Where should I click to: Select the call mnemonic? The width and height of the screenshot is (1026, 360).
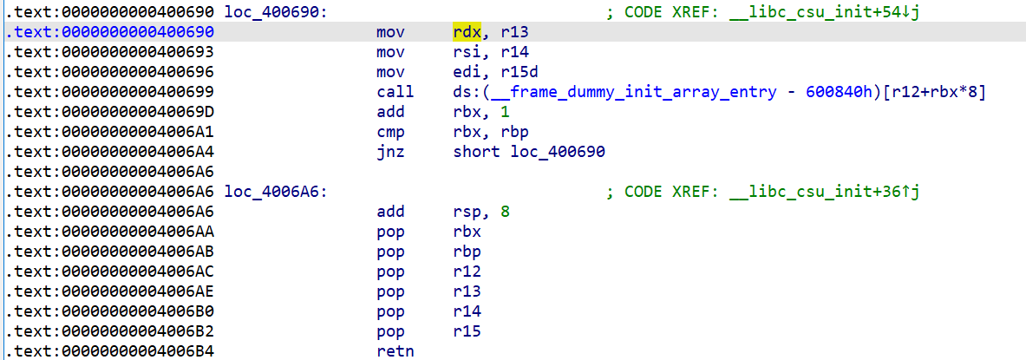point(395,92)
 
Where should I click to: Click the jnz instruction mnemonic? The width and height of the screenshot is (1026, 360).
point(391,152)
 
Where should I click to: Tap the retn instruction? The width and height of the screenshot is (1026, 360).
point(395,350)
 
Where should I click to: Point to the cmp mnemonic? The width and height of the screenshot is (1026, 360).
point(391,132)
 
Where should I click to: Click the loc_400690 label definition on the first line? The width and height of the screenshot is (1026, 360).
point(275,12)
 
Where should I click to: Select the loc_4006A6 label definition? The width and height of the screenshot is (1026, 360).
point(275,192)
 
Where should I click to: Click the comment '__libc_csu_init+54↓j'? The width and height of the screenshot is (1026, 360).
point(824,12)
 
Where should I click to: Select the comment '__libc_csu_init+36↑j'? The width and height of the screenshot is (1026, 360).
point(824,192)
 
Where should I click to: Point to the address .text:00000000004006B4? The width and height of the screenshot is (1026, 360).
point(110,350)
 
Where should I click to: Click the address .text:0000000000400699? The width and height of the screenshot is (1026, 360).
point(110,92)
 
